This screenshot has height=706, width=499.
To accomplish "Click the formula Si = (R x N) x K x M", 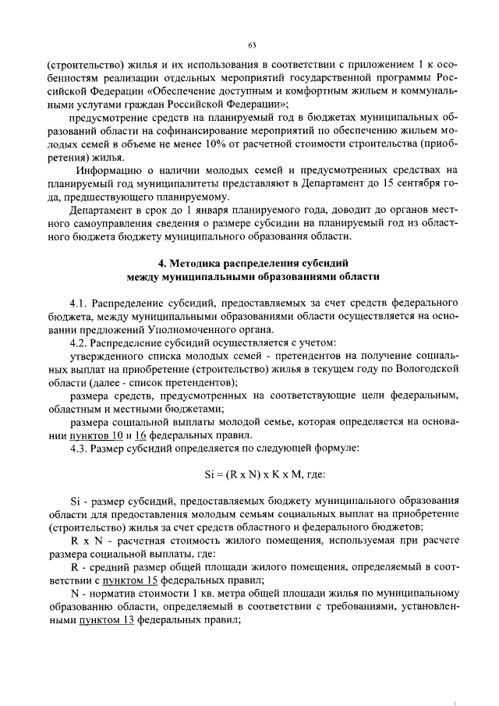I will point(253,474).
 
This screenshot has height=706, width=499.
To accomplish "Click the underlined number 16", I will point(141,435).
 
